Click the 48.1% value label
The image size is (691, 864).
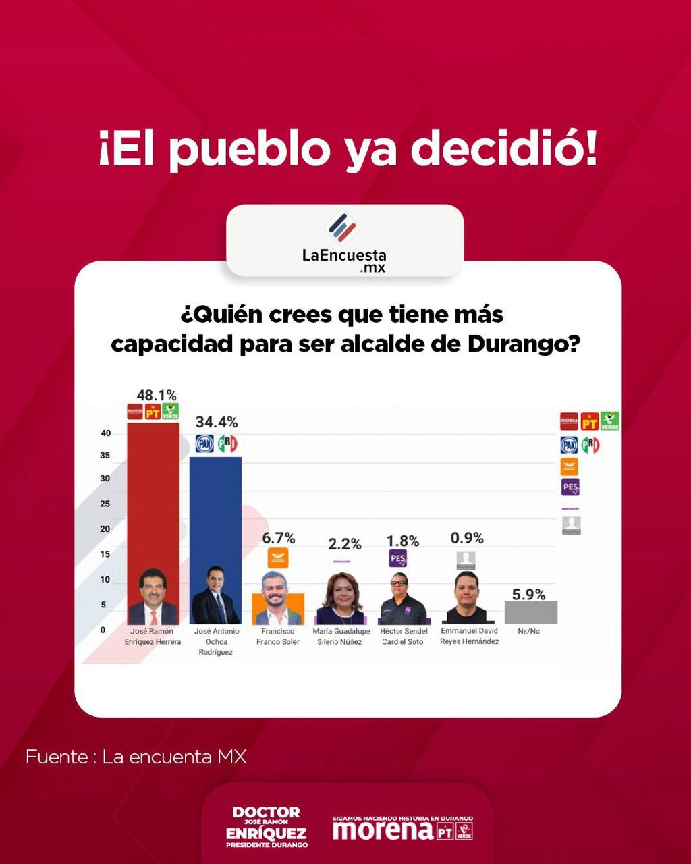[x=156, y=395]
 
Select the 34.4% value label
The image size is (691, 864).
[x=217, y=422]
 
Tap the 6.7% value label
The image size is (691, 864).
[x=278, y=538]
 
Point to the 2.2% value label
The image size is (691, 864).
[x=344, y=543]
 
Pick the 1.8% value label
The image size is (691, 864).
[x=403, y=541]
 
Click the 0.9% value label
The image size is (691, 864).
[x=467, y=538]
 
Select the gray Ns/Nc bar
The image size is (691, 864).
[x=530, y=612]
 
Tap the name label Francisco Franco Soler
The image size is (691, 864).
[x=278, y=637]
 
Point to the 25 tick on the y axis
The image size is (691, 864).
[x=105, y=504]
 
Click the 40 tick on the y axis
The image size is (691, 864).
[x=105, y=433]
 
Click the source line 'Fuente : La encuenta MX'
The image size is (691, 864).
[x=136, y=757]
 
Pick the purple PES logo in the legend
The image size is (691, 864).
[x=570, y=487]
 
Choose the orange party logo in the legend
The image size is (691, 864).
[x=570, y=466]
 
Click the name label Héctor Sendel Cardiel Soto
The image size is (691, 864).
[x=404, y=637]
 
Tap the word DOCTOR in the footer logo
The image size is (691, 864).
[x=266, y=812]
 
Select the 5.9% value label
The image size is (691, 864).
[x=528, y=595]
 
